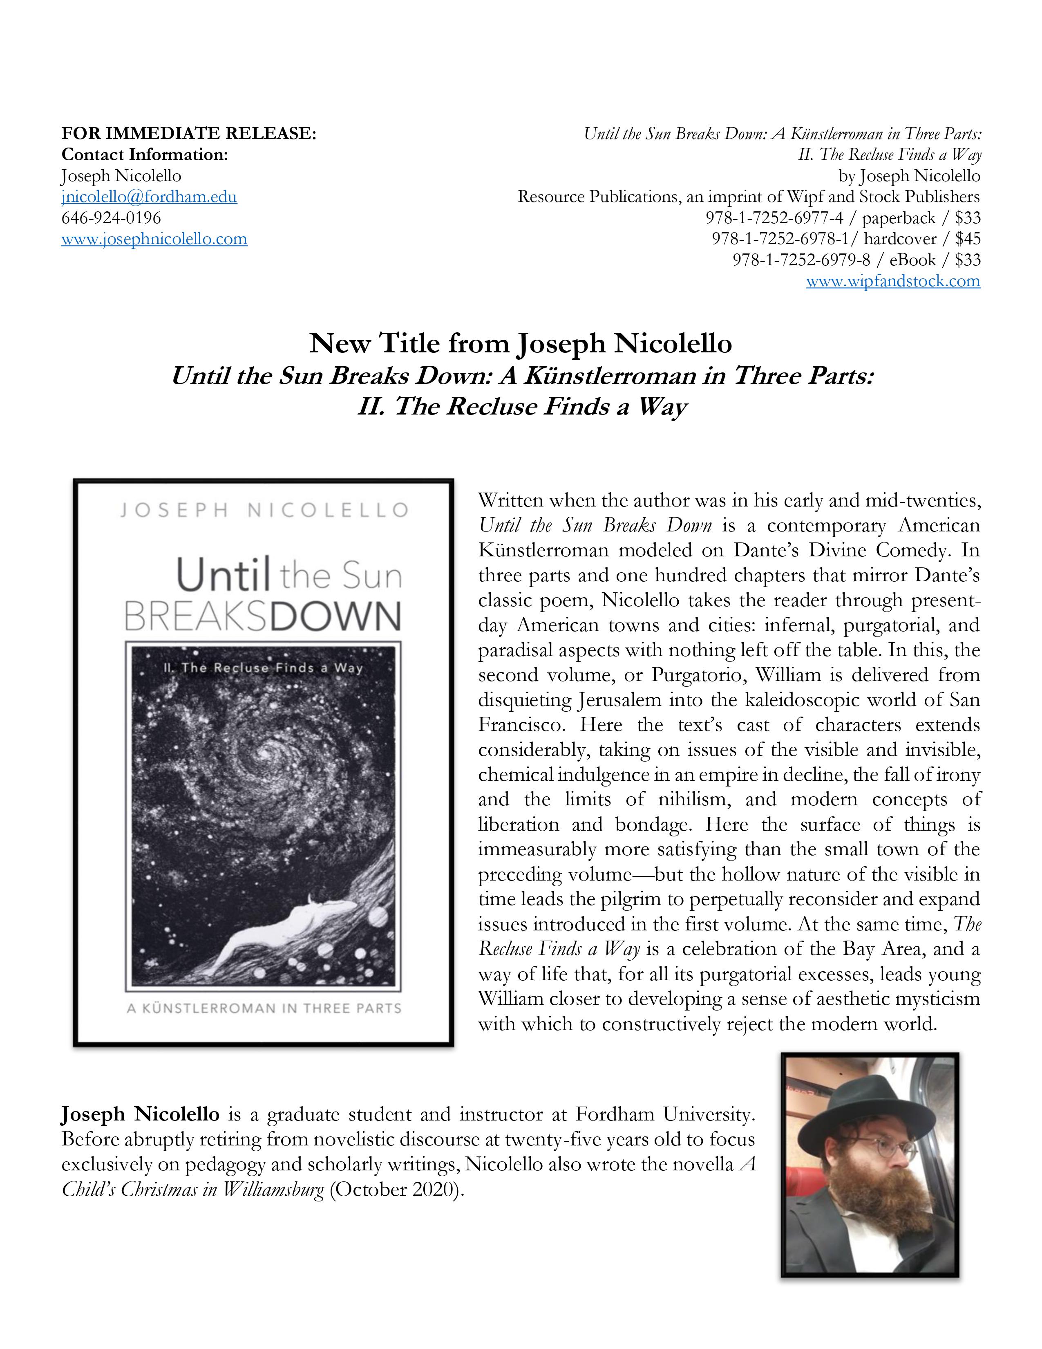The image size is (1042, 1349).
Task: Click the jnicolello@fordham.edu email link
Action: click(149, 197)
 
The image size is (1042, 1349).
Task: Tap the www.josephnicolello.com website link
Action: click(154, 239)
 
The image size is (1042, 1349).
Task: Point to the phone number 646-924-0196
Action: click(111, 218)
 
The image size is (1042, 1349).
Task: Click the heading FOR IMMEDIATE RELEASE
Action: click(189, 133)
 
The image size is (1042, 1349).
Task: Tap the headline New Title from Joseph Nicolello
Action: click(520, 343)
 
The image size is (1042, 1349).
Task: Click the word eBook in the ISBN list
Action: click(912, 260)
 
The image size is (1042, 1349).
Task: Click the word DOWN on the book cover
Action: click(336, 616)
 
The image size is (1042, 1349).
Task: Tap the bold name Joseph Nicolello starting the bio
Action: click(140, 1115)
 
